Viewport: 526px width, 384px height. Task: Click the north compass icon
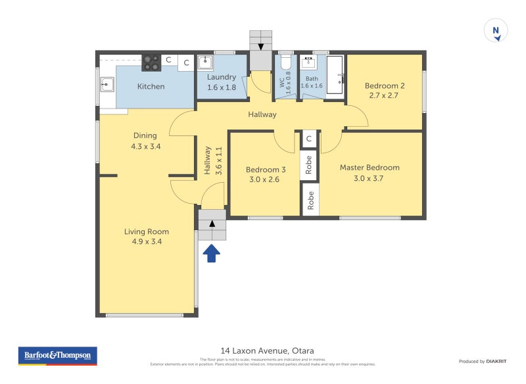coord(496,31)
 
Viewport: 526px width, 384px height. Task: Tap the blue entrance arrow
coord(211,253)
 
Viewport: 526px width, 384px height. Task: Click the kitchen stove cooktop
coord(152,62)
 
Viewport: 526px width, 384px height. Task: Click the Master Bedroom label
coord(370,168)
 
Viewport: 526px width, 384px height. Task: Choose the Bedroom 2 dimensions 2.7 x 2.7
coord(384,95)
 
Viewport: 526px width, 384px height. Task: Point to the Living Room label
coord(147,231)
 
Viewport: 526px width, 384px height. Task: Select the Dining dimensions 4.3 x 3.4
coord(146,147)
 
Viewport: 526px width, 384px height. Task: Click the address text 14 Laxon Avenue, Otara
coord(263,350)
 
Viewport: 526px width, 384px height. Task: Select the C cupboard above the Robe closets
coord(309,139)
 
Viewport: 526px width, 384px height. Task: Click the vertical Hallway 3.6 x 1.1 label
coord(213,159)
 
